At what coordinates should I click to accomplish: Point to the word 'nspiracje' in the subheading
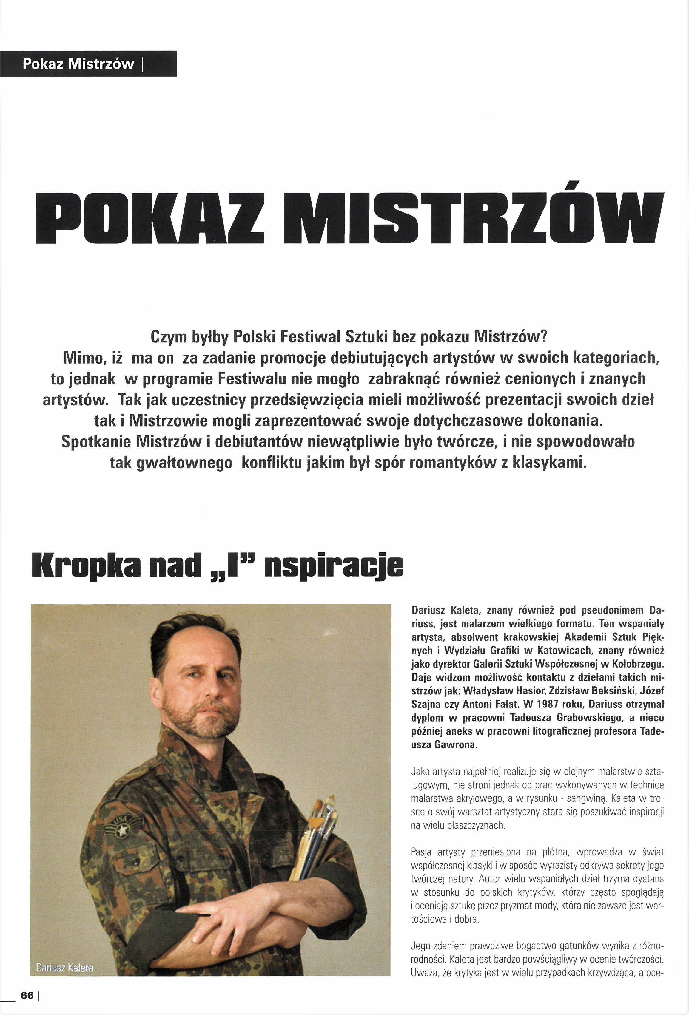point(336,567)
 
